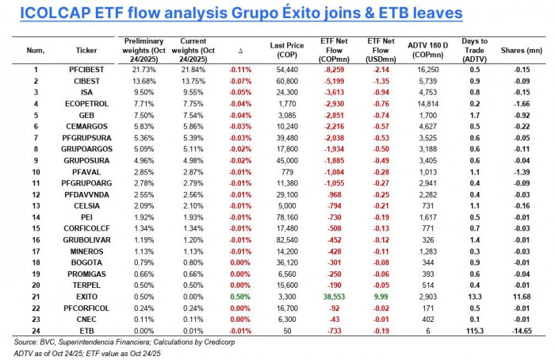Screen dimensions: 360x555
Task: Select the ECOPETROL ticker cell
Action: point(87,103)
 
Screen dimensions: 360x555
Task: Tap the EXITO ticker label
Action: point(87,296)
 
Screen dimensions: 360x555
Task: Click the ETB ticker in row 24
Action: point(87,330)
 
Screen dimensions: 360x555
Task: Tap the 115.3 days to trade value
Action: point(474,330)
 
